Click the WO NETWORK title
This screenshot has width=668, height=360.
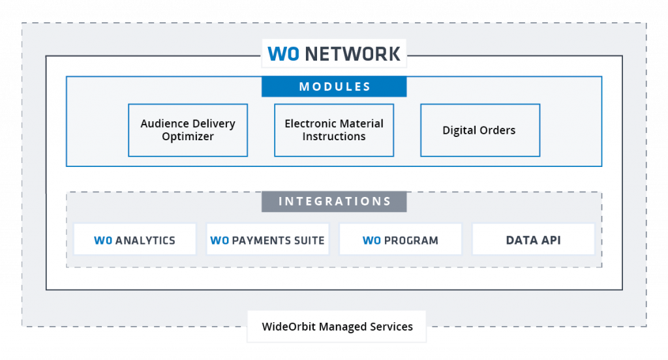click(334, 53)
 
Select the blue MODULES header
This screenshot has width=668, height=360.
click(334, 87)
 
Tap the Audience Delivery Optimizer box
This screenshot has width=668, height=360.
click(188, 130)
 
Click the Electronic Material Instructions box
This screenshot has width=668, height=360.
click(334, 130)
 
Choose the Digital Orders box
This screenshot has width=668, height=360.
click(479, 130)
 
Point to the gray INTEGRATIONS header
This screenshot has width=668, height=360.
click(334, 202)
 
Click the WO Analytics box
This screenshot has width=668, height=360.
click(135, 240)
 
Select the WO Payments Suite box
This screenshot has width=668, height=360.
click(267, 240)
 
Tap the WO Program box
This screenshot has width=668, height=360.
click(401, 240)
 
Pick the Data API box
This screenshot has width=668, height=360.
click(533, 240)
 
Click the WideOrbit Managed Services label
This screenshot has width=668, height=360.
click(337, 327)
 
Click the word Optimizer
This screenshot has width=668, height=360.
click(188, 137)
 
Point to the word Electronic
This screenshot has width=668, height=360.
click(309, 123)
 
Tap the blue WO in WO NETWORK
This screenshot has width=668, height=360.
click(283, 53)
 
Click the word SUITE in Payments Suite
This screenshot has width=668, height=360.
click(309, 241)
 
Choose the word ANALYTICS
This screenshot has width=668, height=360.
click(145, 241)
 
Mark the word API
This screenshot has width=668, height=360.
click(548, 240)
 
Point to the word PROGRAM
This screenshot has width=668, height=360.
click(411, 241)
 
